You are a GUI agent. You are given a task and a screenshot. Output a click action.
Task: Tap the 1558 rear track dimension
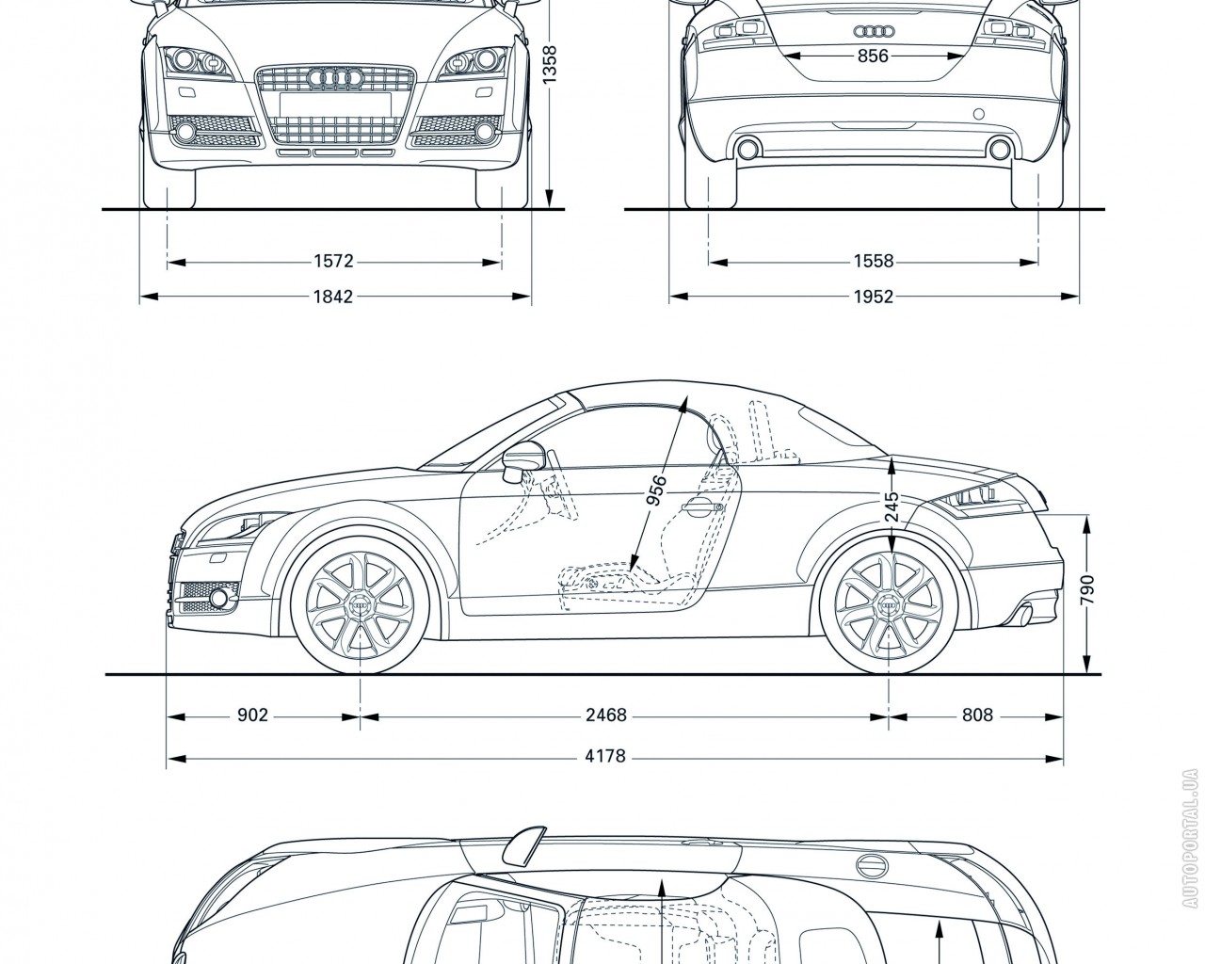(873, 262)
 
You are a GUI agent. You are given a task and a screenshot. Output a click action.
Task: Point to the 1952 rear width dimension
(873, 297)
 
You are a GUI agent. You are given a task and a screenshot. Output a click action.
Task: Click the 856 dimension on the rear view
(873, 56)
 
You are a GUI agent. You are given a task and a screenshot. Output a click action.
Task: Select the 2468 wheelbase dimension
(605, 715)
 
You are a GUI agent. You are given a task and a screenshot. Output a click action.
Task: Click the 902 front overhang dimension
(252, 715)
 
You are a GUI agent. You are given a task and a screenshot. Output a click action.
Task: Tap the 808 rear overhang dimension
(977, 715)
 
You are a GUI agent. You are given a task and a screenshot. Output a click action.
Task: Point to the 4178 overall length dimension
(605, 755)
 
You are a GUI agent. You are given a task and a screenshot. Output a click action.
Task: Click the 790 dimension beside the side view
(1088, 592)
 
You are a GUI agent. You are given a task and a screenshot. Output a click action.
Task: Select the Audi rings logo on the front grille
(335, 77)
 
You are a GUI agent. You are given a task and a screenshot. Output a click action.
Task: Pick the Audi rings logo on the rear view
(873, 31)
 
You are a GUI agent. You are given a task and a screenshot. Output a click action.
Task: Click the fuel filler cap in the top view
(873, 865)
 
